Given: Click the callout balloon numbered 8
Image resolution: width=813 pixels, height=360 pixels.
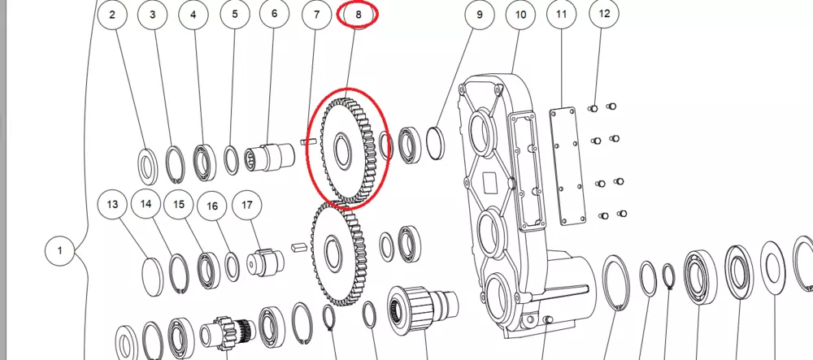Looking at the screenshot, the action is pos(359,15).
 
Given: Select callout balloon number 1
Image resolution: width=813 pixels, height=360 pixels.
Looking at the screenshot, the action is pos(59,251).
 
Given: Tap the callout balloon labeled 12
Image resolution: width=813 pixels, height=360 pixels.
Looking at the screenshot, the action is pos(604,14).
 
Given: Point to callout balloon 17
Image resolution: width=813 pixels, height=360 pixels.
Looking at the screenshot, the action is pos(247,205).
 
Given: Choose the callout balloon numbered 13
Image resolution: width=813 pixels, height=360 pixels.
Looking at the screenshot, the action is pos(112,204).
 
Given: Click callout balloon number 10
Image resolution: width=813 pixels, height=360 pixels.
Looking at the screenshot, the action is pos(520,15).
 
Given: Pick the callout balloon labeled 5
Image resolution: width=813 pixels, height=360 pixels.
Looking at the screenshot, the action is pos(235,15).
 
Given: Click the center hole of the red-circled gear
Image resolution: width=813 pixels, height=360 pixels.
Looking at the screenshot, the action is pos(342,150).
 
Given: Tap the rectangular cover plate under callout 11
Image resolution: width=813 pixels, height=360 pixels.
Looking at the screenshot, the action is pos(568,166).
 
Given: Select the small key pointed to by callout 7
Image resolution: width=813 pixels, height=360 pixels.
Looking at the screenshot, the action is pos(309,141).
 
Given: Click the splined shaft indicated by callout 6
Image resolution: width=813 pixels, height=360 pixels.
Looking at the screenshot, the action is pos(269,156).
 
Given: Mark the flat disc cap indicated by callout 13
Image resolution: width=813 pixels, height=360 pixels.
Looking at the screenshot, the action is pos(153,276).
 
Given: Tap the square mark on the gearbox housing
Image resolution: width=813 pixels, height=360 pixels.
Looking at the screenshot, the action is pos(490,181).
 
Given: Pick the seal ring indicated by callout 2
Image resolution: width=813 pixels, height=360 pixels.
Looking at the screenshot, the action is pos(148,167).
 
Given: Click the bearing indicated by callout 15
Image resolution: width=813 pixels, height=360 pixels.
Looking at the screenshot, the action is pos(208,270).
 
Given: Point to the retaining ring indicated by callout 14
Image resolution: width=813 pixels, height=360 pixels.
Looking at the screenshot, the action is pos(180,274).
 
